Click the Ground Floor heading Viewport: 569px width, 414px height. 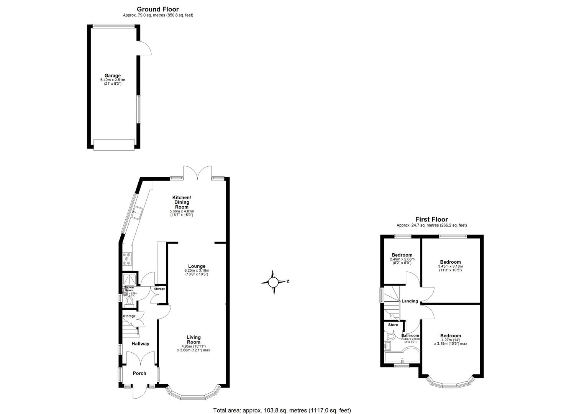point(158,9)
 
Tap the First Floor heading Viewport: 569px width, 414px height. point(431,219)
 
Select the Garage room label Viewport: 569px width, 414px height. point(113,76)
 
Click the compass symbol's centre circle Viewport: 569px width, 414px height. point(273,283)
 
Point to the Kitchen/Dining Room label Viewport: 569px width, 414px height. point(182,202)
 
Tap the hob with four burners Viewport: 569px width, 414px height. point(127,259)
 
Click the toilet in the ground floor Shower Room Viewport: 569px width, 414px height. point(130,302)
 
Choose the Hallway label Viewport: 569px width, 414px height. point(140,343)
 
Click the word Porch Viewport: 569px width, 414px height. point(139,373)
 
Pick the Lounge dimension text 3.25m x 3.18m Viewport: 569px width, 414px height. point(197,271)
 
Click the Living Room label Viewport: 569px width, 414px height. point(193,340)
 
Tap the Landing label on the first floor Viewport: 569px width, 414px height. point(410,301)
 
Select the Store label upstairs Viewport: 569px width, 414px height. point(393,325)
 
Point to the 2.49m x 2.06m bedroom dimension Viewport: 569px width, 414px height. point(402,259)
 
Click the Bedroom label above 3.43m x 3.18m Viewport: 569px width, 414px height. point(450,262)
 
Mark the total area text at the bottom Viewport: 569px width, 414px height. point(282,410)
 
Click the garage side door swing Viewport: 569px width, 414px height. point(144,48)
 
